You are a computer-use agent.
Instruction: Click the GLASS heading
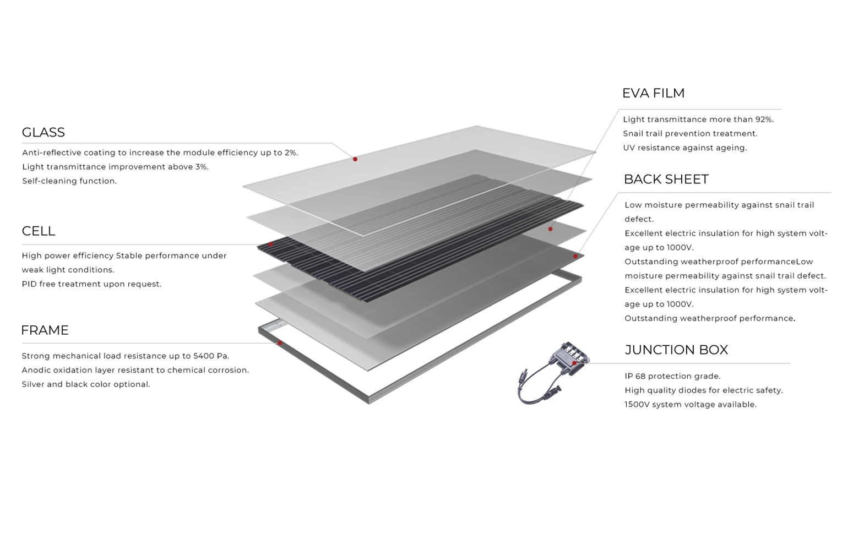[43, 132]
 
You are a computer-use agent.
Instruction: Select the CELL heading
[39, 231]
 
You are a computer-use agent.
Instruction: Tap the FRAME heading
[45, 330]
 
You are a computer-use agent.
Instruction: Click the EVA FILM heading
[653, 93]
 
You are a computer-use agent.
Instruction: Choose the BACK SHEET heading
[666, 179]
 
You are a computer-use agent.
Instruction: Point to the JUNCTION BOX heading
[676, 350]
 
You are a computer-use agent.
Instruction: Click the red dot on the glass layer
[355, 159]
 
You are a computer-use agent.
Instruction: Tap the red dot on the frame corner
[280, 343]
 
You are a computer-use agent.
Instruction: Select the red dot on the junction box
[574, 363]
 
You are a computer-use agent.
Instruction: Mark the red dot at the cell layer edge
[270, 244]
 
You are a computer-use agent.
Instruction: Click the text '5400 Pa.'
[211, 356]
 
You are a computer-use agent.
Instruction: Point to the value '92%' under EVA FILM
[764, 119]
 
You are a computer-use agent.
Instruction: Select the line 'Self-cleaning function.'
[69, 181]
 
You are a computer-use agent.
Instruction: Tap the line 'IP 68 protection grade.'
[672, 376]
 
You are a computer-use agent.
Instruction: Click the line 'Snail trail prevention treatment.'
[690, 133]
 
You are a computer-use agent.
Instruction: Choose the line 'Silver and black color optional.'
[86, 384]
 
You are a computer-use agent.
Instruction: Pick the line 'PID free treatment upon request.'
[91, 284]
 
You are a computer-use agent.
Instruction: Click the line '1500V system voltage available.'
[691, 404]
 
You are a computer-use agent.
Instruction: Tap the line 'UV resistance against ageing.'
[684, 148]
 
